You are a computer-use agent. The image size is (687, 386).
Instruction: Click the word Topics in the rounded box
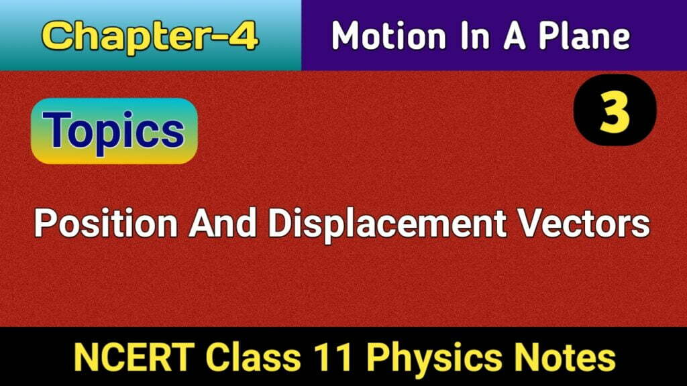pos(115,131)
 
